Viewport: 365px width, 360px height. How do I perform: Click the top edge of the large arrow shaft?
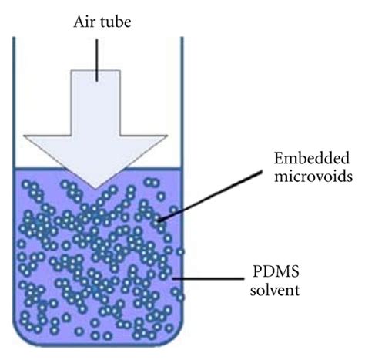[96, 70]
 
